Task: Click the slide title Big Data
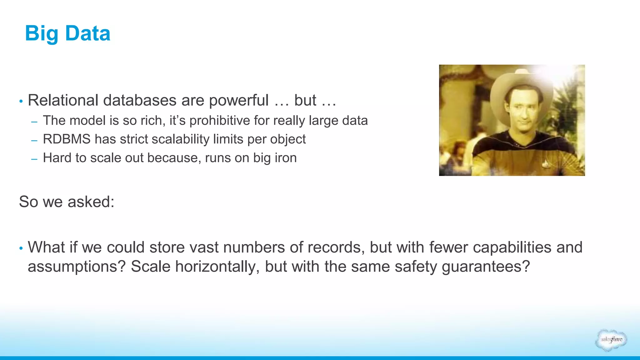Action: pos(67,33)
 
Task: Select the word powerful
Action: pos(239,100)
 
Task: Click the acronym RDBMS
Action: pos(67,139)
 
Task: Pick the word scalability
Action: pos(180,139)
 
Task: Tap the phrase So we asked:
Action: pos(67,202)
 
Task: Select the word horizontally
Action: pos(217,267)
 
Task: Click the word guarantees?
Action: pos(486,267)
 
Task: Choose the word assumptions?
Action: pos(77,267)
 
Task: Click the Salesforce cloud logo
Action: pos(611,340)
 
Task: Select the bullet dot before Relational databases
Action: pos(21,101)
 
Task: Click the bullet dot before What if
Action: pos(21,248)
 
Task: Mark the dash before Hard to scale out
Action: pos(34,159)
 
